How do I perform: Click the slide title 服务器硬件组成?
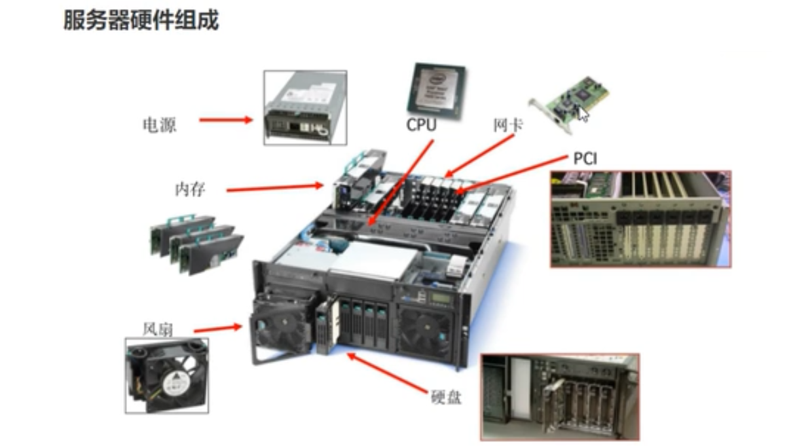140,21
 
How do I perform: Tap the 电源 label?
159,125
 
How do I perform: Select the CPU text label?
421,124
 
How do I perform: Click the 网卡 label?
507,125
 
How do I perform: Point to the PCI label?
585,158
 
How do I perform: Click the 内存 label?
190,190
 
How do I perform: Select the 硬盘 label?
446,396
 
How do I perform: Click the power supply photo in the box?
304,107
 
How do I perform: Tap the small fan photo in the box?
166,375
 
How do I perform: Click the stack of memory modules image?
195,242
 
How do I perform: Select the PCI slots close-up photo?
640,219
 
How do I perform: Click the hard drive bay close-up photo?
559,397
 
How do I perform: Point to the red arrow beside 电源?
225,120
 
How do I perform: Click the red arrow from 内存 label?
275,189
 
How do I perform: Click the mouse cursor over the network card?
583,114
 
